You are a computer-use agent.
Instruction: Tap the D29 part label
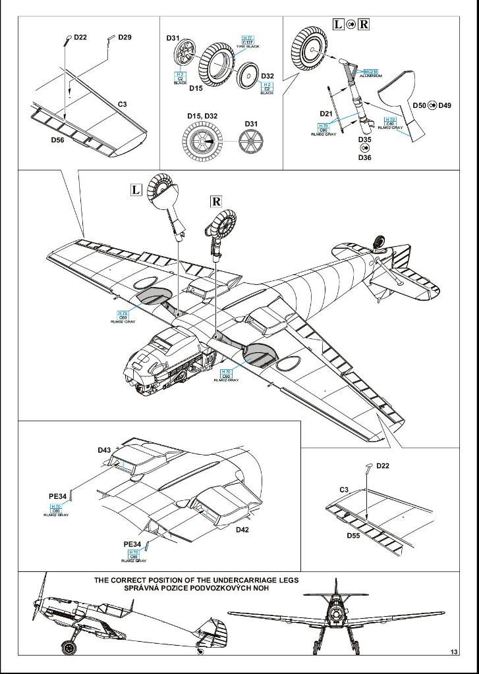click(125, 38)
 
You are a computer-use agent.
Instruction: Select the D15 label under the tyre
click(196, 88)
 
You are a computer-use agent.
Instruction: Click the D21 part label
click(326, 113)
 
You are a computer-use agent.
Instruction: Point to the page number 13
click(454, 652)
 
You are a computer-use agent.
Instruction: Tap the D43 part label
click(104, 450)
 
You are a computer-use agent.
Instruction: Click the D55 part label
click(356, 535)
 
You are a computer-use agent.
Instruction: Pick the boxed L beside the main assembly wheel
click(136, 190)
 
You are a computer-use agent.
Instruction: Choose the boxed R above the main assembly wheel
click(216, 201)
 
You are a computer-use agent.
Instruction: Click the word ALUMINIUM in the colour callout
click(371, 76)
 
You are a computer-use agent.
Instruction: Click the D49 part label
click(445, 105)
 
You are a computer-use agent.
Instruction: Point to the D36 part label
click(364, 157)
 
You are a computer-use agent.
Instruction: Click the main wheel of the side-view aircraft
click(69, 647)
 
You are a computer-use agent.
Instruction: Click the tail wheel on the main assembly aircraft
click(380, 243)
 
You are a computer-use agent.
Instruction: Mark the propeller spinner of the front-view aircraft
click(338, 612)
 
